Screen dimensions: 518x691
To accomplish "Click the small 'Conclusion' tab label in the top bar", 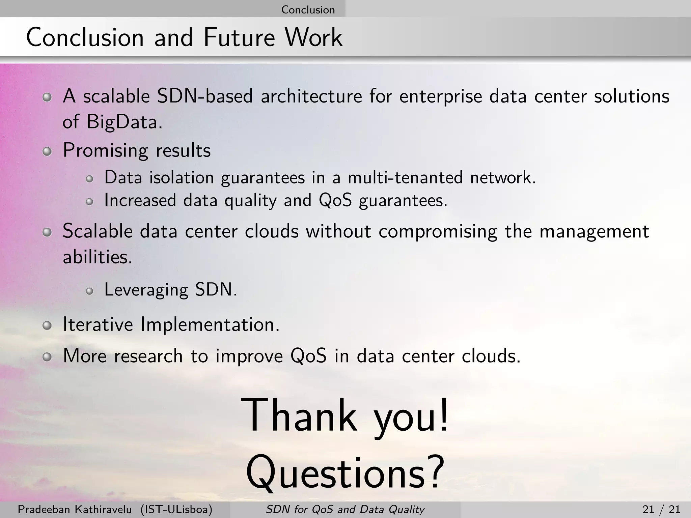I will tap(308, 9).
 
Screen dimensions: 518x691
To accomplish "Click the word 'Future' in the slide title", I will tap(239, 37).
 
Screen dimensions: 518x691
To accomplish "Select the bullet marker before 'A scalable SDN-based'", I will tap(47, 98).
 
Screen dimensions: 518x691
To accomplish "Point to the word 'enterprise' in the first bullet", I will tap(441, 97).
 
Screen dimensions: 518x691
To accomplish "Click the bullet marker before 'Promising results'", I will tap(47, 152).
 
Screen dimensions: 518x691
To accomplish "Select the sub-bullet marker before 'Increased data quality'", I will tap(89, 202).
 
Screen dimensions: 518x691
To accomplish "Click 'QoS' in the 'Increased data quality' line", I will tap(335, 200).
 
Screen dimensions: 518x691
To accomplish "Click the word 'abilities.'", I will tap(98, 258).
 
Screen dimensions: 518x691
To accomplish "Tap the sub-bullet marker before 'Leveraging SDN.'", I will tap(89, 291).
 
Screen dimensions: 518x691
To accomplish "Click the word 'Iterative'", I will tap(98, 324).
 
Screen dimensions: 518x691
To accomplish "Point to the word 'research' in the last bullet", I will tap(148, 356).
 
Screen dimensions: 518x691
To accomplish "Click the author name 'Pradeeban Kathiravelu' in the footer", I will tap(75, 509).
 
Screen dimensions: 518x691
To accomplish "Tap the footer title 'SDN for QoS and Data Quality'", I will tap(345, 509).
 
